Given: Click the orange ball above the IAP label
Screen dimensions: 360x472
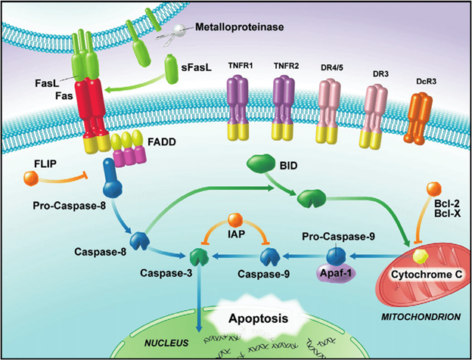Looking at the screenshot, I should (x=234, y=220).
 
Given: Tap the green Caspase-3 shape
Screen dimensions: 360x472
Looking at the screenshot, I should (x=199, y=256).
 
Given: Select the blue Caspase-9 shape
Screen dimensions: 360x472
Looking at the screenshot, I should (x=270, y=256).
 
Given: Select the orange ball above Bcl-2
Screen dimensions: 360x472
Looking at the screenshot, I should (x=433, y=189).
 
